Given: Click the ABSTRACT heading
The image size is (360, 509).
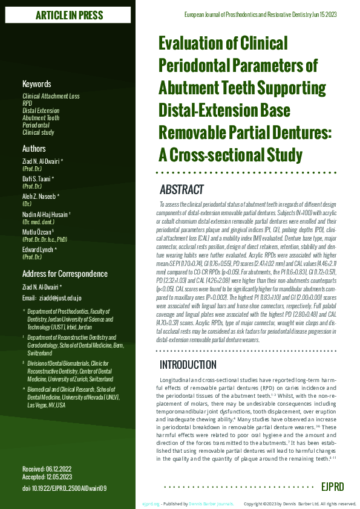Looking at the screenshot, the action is click(182, 190).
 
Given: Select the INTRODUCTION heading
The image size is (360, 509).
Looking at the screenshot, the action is click(188, 365).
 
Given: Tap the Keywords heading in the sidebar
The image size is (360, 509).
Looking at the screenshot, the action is click(37, 84).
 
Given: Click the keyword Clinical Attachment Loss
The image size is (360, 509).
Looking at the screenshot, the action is click(51, 97).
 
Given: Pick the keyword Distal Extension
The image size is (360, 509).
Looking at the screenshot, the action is click(41, 111).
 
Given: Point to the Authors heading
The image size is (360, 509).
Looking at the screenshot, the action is click(34, 148).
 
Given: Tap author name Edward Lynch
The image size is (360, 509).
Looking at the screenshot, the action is click(40, 250).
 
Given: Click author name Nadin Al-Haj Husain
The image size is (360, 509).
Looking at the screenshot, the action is click(47, 215).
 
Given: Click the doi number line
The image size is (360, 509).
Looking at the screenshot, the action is click(64, 487).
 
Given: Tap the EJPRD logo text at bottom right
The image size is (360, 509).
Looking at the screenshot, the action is click(333, 486).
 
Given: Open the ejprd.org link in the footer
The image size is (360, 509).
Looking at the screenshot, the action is click(151, 504).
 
